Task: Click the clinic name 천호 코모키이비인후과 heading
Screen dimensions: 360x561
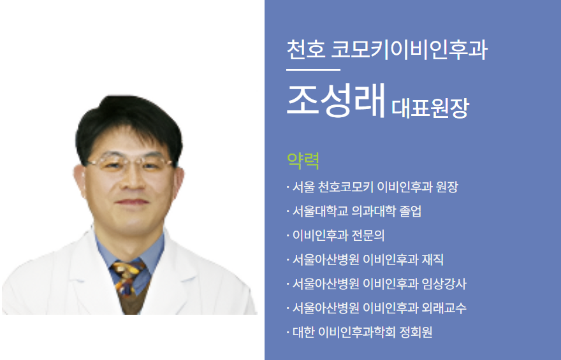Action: coord(387,49)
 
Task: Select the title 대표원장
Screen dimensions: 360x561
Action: coord(430,108)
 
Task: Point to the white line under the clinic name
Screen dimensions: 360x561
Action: coord(314,69)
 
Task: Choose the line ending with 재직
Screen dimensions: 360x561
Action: coord(368,259)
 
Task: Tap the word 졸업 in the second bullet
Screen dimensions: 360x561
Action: coord(411,212)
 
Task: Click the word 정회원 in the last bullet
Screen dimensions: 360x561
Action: coord(416,332)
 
